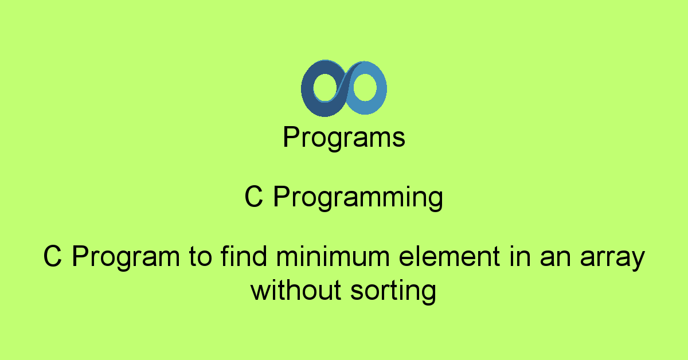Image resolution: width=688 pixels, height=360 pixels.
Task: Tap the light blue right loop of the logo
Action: point(380,89)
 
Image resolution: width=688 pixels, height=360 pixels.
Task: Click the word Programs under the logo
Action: point(344,138)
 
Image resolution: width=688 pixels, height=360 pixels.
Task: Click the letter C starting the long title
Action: point(52,257)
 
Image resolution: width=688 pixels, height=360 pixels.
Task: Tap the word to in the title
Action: point(201,258)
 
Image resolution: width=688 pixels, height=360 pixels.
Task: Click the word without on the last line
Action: point(296,291)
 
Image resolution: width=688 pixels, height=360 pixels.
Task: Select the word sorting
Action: point(393,292)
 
